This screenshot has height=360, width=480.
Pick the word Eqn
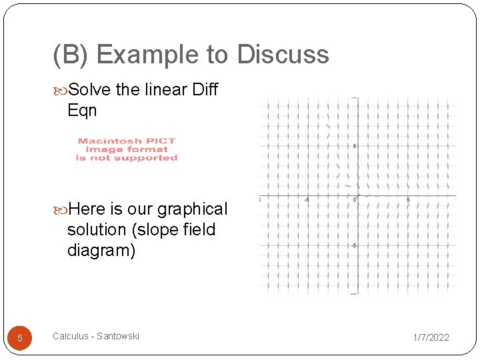coord(82,110)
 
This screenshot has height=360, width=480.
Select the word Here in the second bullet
coord(87,209)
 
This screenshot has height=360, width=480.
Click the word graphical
coord(192,209)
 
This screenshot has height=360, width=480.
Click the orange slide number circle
coord(20,338)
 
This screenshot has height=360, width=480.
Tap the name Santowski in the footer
coord(118,336)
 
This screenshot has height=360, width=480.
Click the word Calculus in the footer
coord(70,336)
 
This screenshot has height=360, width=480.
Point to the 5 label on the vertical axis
coord(355,146)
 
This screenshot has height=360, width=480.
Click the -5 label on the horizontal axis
coord(307,199)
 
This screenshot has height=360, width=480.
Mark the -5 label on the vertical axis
coord(354,246)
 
